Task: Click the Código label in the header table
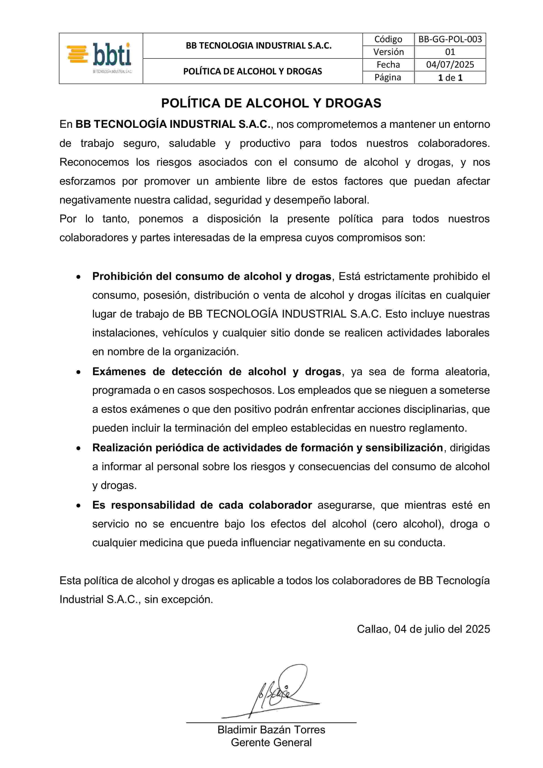coord(388,39)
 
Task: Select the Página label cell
coord(388,78)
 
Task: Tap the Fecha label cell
coord(388,65)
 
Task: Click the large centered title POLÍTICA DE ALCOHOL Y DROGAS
coord(271,103)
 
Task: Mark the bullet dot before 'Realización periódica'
coord(78,448)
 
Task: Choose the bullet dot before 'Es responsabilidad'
coord(78,506)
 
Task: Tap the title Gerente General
coord(271,743)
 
